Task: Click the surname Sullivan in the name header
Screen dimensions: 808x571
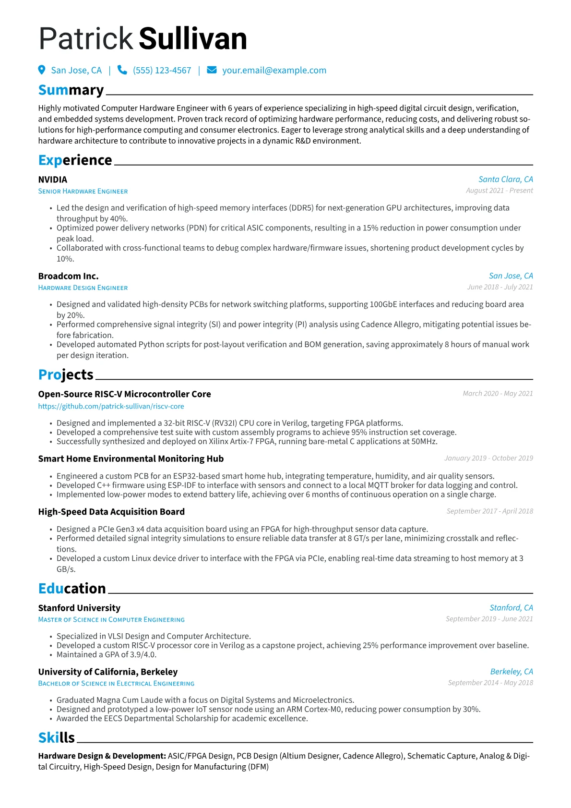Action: [x=193, y=39]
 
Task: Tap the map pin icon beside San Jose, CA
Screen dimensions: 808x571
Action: [x=42, y=70]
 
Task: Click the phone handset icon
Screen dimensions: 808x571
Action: [x=122, y=70]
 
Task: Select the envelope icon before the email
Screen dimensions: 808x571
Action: [x=212, y=70]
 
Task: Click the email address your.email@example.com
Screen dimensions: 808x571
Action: [x=274, y=71]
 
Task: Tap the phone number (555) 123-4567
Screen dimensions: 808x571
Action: [x=162, y=71]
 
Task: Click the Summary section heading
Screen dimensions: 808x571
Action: [x=71, y=90]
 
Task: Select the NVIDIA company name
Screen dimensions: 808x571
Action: [x=53, y=180]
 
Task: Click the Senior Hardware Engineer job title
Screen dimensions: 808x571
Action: [x=83, y=191]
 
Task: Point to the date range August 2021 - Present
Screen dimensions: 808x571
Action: [x=499, y=191]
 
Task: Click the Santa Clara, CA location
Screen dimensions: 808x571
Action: [x=505, y=179]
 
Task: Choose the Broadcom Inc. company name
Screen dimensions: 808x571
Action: [x=68, y=276]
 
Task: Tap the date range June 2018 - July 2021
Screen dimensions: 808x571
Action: [x=500, y=287]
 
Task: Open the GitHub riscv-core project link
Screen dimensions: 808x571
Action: [x=111, y=406]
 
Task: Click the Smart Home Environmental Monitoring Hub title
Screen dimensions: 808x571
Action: [x=131, y=458]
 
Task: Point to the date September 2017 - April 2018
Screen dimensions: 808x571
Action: [x=489, y=511]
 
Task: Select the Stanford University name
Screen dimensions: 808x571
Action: [x=79, y=608]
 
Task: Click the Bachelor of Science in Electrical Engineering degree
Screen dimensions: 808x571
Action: [x=116, y=683]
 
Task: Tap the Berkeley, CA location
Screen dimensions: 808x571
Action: [x=512, y=672]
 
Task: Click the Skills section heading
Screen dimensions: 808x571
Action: [x=57, y=737]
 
